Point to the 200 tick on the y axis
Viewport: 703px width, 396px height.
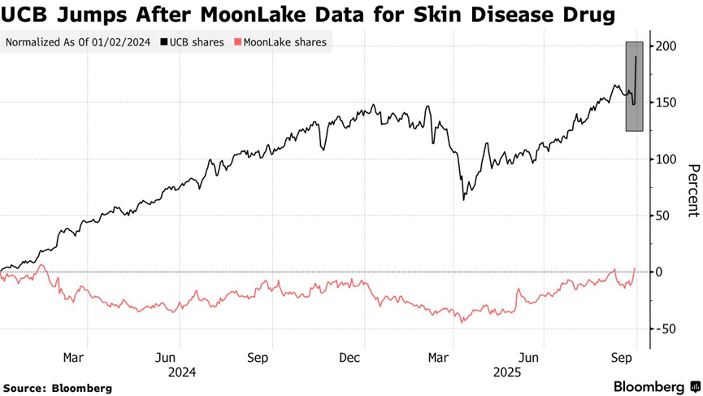pos(667,46)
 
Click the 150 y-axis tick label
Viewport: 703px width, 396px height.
pos(667,103)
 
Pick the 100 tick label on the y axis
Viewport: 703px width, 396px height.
pos(667,159)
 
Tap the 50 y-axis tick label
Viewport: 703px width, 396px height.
pos(664,215)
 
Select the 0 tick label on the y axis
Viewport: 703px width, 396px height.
pos(661,272)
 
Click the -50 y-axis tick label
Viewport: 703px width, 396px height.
pos(666,329)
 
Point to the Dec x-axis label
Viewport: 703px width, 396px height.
pos(350,358)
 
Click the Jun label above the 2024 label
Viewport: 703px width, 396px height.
pos(167,358)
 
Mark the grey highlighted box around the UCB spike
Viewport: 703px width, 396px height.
pos(635,86)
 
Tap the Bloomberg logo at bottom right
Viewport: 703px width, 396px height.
pos(656,386)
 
